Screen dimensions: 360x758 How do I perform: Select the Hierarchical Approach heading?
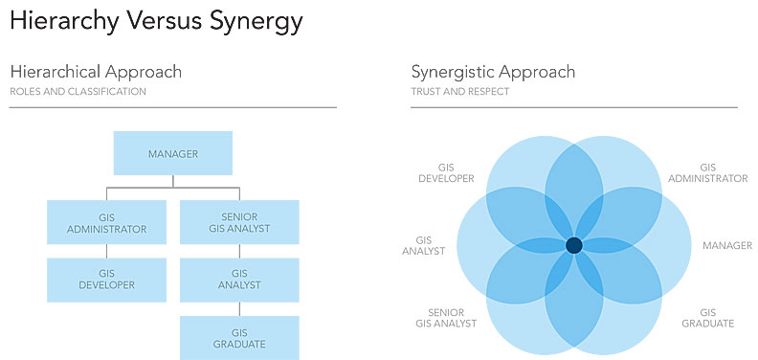tap(96, 72)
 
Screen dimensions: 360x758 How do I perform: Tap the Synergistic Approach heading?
tap(494, 72)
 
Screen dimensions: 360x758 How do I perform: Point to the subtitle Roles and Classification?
tap(78, 92)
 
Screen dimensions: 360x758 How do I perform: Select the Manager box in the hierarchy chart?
tap(172, 153)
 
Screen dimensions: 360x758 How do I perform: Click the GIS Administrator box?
tap(106, 222)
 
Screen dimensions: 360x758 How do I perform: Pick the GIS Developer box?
tap(106, 279)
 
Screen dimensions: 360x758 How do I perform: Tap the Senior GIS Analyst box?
tap(239, 222)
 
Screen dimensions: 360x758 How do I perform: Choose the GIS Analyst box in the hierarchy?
tap(239, 279)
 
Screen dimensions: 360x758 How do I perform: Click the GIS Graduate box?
tap(239, 337)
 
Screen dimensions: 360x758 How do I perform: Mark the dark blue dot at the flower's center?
tap(573, 247)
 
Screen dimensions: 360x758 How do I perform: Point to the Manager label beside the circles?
tap(727, 246)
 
